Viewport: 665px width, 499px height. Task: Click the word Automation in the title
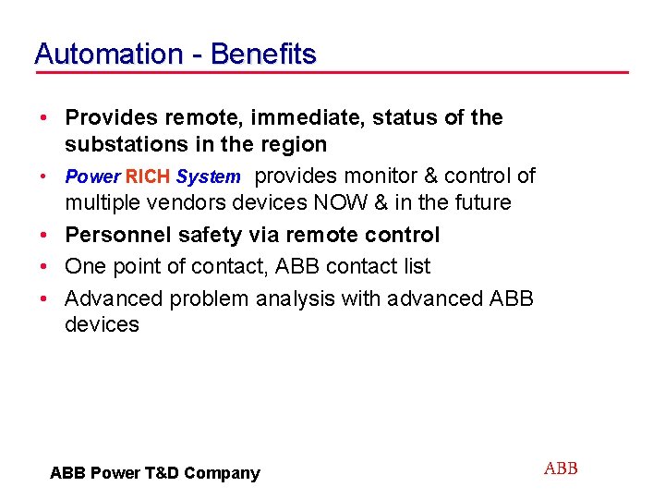click(108, 54)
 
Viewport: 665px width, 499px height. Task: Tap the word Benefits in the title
click(263, 54)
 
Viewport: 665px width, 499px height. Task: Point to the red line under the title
click(332, 73)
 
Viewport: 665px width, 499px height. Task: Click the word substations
click(121, 144)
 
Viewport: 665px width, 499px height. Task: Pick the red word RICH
click(148, 176)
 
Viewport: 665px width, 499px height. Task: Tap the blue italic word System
click(208, 176)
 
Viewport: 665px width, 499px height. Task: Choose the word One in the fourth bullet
click(85, 266)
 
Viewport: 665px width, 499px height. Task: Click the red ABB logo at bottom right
click(561, 469)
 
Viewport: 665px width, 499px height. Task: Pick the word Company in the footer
click(222, 473)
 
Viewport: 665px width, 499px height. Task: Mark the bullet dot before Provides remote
click(43, 118)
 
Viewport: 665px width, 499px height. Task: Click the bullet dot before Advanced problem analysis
click(43, 299)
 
